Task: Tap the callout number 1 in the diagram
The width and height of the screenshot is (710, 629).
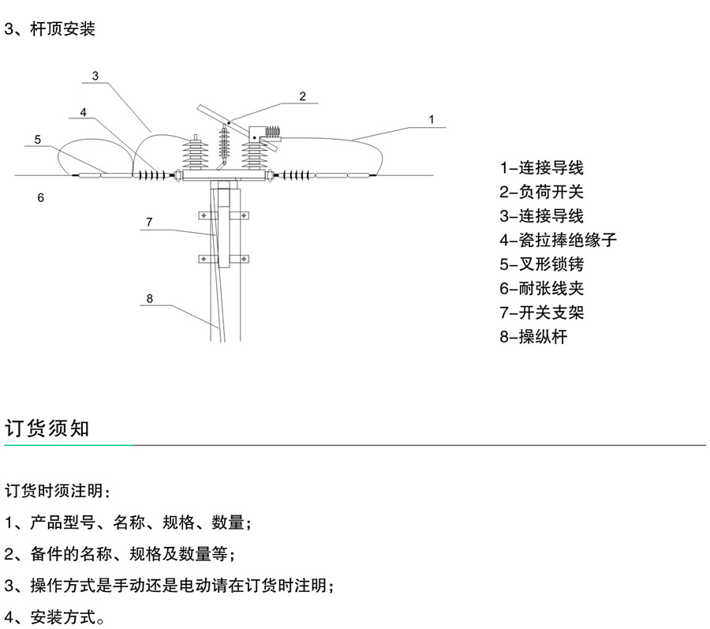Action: point(431,119)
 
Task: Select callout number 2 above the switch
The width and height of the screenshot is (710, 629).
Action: point(302,96)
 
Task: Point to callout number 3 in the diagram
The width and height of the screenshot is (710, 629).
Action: point(95,77)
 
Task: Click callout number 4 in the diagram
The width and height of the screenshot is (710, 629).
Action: point(83,112)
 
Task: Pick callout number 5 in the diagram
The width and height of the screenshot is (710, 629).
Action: point(37,140)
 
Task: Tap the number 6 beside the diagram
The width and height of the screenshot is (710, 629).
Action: point(41,197)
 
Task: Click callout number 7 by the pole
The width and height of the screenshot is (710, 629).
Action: point(148,222)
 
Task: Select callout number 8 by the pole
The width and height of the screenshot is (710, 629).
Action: point(148,298)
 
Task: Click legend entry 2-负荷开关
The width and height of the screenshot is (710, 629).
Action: point(542,192)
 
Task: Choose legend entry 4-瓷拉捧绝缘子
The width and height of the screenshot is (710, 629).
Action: point(558,240)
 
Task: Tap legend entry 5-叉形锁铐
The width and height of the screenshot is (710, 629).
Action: point(542,264)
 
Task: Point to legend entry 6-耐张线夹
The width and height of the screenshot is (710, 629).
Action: point(542,289)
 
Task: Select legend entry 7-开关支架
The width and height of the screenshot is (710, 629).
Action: point(542,313)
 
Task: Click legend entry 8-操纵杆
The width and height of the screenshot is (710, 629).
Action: point(534,338)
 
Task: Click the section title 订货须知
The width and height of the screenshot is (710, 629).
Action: point(48,429)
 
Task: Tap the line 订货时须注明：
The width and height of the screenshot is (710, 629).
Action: point(58,491)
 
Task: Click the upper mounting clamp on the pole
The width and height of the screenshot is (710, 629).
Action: point(222,215)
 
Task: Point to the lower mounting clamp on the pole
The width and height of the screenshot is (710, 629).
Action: point(222,258)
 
